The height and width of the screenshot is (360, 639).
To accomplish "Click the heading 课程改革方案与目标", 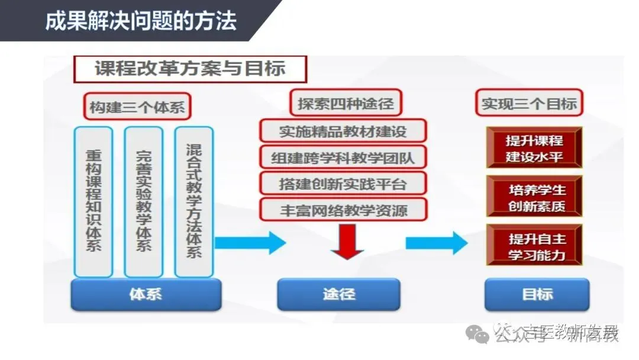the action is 190,69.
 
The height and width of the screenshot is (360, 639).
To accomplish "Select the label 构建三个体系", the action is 137,107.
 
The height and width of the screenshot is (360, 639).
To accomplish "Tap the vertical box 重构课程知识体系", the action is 93,201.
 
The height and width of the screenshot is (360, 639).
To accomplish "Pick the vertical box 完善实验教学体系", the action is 143,201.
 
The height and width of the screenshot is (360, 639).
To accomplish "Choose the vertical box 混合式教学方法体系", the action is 193,201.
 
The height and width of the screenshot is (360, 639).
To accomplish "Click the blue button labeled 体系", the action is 146,294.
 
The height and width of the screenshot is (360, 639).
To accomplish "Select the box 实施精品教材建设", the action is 343,131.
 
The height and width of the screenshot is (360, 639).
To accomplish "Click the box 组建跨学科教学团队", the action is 343,157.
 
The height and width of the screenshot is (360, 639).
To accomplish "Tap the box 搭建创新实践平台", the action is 343,183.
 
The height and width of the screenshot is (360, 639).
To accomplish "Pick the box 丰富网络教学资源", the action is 343,209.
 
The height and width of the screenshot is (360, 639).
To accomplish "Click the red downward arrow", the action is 347,243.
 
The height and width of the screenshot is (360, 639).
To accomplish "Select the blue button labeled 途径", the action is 338,294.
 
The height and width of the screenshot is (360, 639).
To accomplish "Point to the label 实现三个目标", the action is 529,104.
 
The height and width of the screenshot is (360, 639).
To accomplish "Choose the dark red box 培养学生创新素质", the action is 534,197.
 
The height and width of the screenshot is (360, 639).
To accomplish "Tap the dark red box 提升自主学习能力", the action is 534,246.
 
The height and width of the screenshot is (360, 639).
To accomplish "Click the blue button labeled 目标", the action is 537,294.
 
